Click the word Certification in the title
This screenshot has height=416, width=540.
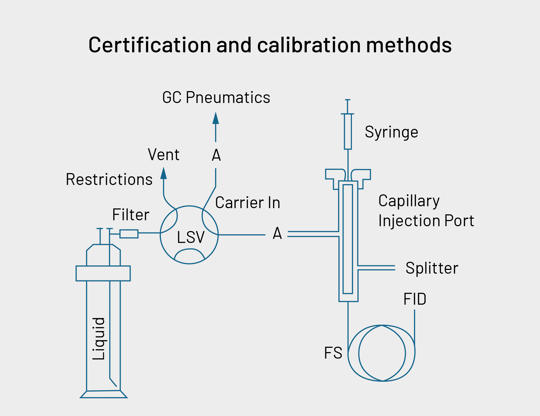[x=150, y=45]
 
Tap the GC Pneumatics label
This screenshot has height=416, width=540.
[x=216, y=98]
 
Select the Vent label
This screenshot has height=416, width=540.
[x=164, y=155]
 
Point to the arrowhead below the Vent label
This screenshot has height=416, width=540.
[x=164, y=173]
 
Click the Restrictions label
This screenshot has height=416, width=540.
[x=109, y=180]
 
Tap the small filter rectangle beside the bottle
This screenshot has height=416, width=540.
[x=129, y=234]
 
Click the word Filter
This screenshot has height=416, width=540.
[x=131, y=215]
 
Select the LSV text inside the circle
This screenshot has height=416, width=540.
[x=191, y=238]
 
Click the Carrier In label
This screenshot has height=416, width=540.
[x=248, y=203]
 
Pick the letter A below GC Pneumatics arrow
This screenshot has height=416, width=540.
[x=216, y=155]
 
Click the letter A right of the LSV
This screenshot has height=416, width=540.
[x=277, y=233]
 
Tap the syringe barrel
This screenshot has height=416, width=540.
[x=348, y=132]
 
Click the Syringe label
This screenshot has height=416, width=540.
[x=391, y=132]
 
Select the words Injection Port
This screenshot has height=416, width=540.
[x=426, y=221]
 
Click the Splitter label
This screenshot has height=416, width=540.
[x=432, y=268]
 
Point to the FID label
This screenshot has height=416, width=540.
[x=415, y=299]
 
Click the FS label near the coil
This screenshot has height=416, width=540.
[x=333, y=353]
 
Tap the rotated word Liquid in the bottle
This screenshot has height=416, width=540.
[x=99, y=339]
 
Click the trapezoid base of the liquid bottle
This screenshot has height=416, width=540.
[x=104, y=394]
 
